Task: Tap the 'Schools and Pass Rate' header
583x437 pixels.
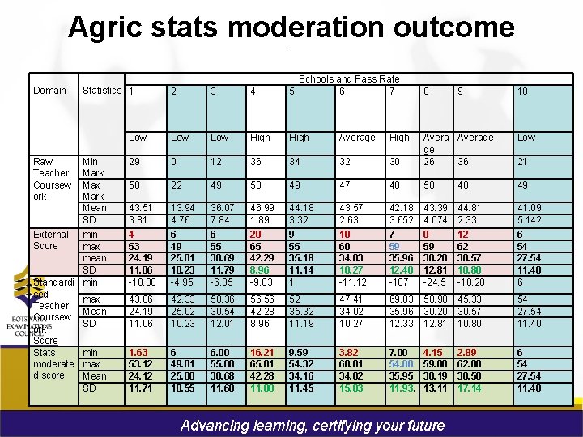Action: pyautogui.click(x=349, y=79)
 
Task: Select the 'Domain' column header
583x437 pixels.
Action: pyautogui.click(x=50, y=91)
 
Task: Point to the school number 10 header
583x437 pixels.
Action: pyautogui.click(x=522, y=91)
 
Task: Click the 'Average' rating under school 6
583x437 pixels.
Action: pyautogui.click(x=357, y=138)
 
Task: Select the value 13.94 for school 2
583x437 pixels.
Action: pyautogui.click(x=182, y=208)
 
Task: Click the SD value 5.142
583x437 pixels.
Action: pyautogui.click(x=531, y=220)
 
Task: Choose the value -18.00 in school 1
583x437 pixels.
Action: pyautogui.click(x=143, y=282)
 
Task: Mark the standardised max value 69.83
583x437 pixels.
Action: pyautogui.click(x=402, y=300)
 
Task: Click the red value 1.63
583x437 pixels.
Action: pyautogui.click(x=138, y=354)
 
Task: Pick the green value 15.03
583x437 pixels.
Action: pyautogui.click(x=351, y=388)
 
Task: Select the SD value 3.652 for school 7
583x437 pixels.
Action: pyautogui.click(x=402, y=220)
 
